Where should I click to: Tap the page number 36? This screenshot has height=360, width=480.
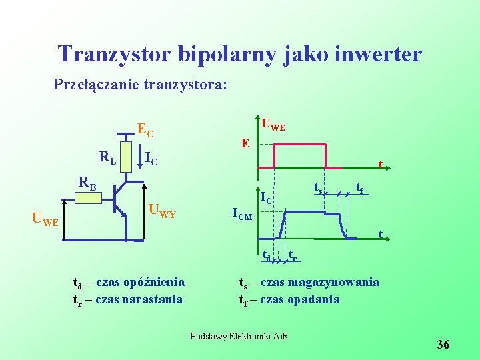point(443,344)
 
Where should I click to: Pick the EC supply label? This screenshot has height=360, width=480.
point(145,129)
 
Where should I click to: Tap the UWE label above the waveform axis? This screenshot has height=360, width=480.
point(273,124)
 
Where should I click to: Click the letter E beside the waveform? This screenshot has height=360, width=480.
point(246,143)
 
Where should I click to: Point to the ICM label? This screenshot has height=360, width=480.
point(241,214)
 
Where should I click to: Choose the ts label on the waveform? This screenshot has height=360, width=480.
point(318,189)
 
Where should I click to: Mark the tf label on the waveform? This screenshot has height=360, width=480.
point(359,189)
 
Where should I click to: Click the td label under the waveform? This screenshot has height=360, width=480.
point(266,254)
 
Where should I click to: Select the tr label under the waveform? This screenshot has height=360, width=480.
point(293,254)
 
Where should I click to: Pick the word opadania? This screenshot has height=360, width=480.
point(313,299)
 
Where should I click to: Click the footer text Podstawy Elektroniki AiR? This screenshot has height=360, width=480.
point(239,335)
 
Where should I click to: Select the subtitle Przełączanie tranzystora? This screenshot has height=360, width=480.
point(140,85)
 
